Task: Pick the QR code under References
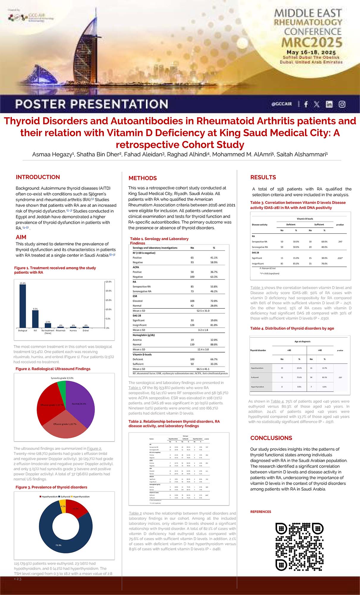point(299,547)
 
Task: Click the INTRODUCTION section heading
point(38,177)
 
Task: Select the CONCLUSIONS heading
point(271,438)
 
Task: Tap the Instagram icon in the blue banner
point(342,104)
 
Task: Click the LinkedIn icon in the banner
point(329,104)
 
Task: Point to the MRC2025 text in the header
point(312,42)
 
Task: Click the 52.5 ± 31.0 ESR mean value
point(203,311)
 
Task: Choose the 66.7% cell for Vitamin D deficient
point(214,359)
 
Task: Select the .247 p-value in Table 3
point(340,242)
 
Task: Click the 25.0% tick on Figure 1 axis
point(109,281)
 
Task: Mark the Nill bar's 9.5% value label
point(35,309)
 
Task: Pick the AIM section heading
point(21,237)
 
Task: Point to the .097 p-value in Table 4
point(340,377)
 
